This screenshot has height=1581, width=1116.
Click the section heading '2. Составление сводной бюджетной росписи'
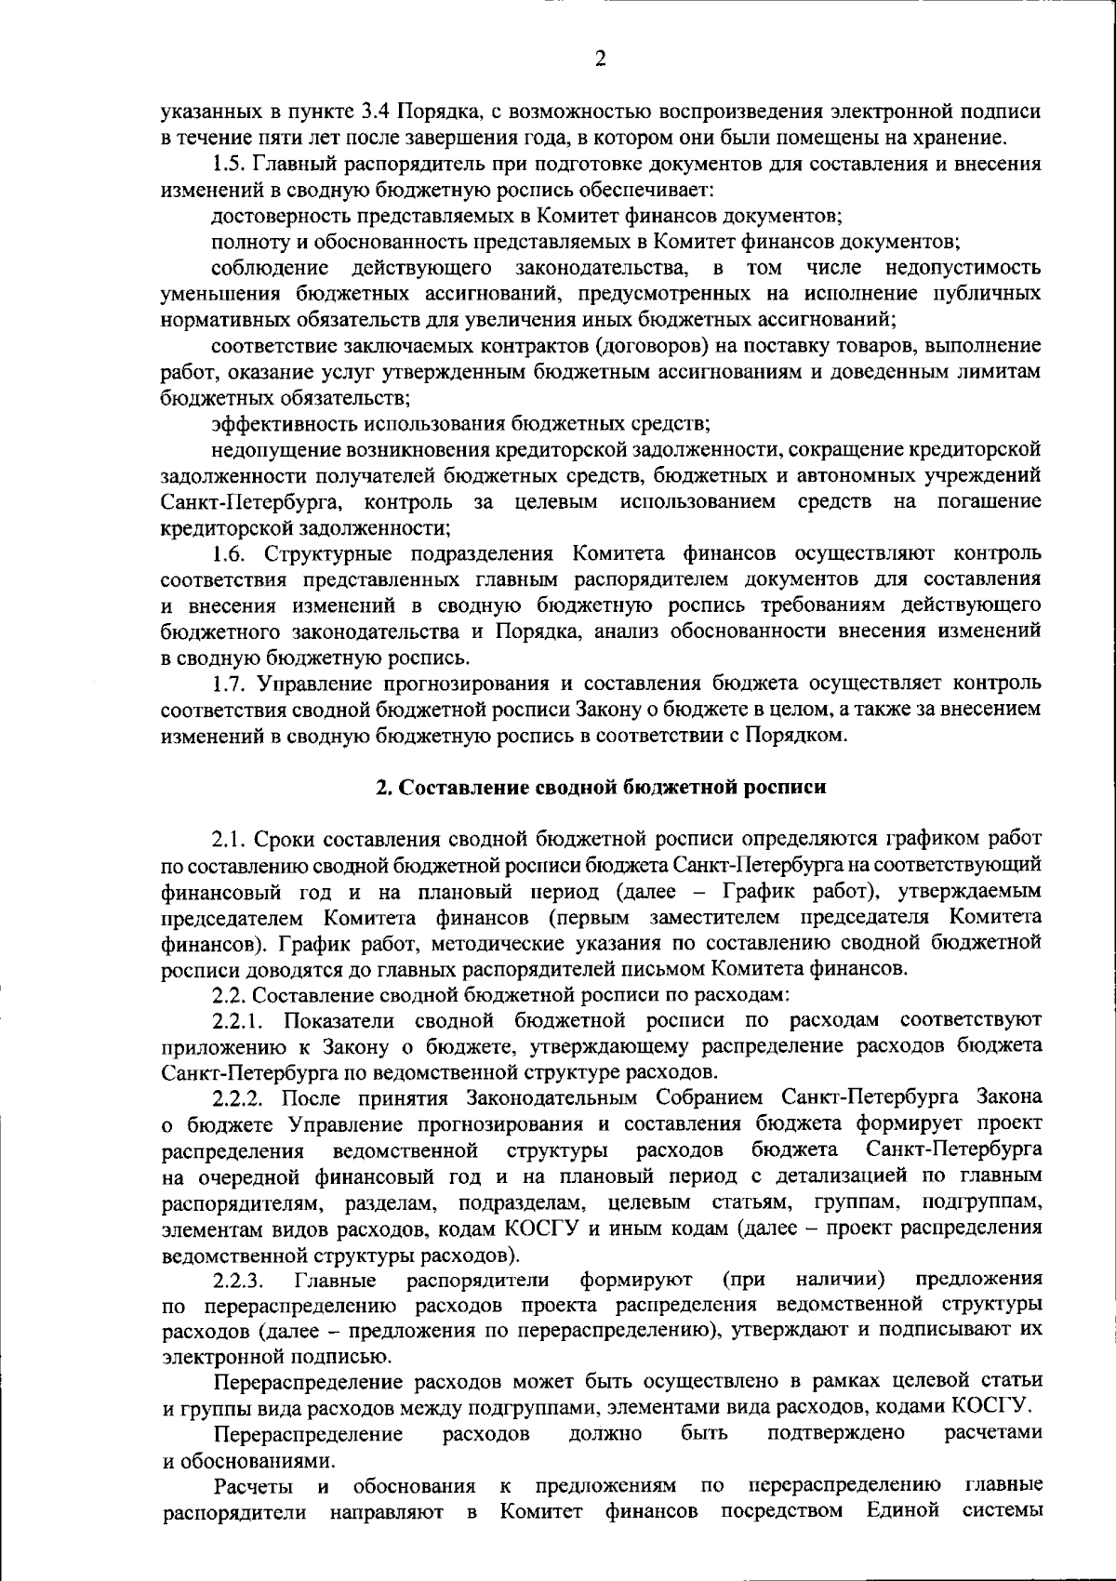tap(600, 787)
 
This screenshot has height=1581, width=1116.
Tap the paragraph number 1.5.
tap(227, 165)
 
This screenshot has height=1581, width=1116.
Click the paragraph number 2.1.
tap(227, 840)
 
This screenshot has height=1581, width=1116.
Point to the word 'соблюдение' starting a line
tap(270, 269)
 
